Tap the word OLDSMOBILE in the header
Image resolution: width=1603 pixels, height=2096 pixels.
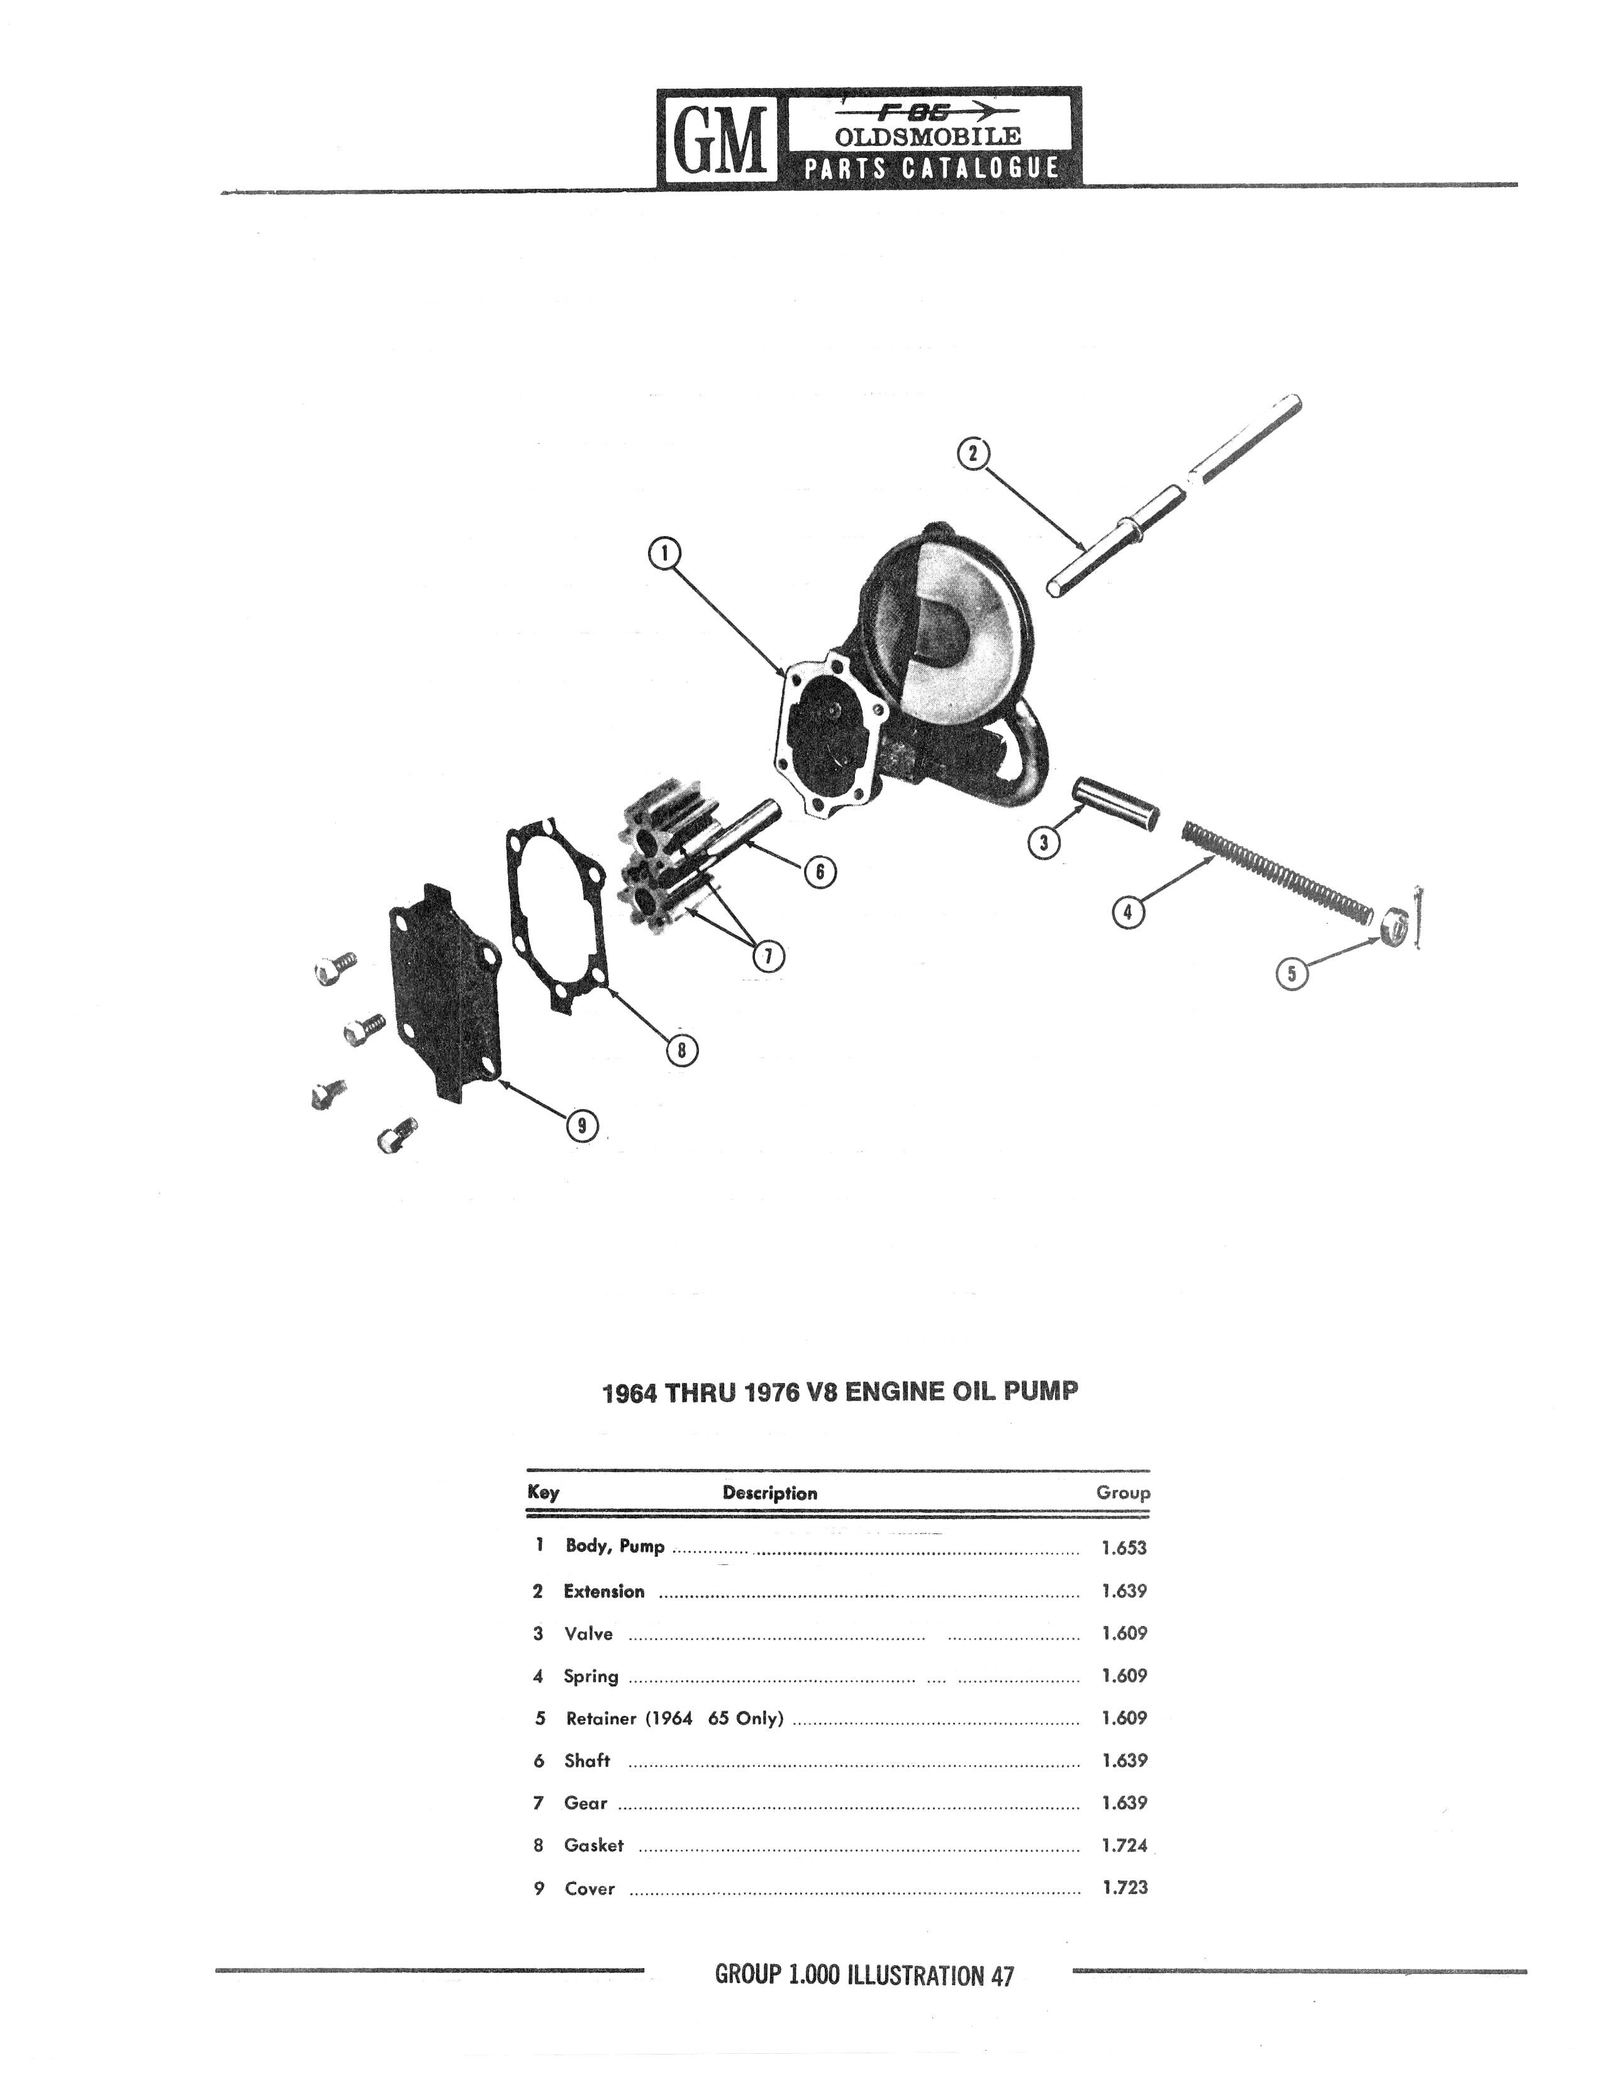tap(927, 137)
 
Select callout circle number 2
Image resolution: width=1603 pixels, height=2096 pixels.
tap(973, 454)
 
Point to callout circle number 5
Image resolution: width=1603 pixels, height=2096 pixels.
tap(1292, 973)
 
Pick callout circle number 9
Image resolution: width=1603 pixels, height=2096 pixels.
tap(581, 1126)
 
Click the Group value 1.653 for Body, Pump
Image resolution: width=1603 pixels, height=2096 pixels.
tap(1123, 1548)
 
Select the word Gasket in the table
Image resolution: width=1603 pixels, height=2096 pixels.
tap(593, 1845)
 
